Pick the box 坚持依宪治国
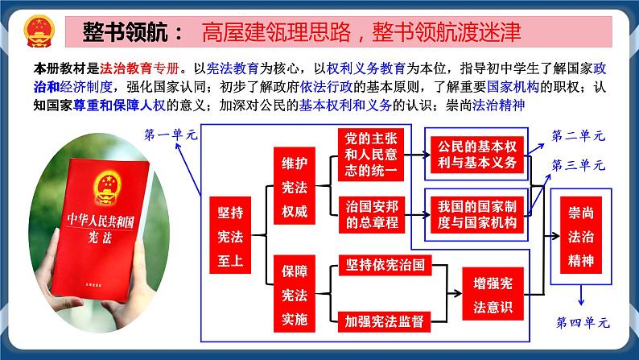click(x=385, y=265)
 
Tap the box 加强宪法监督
click(x=385, y=319)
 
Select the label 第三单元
click(x=579, y=164)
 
